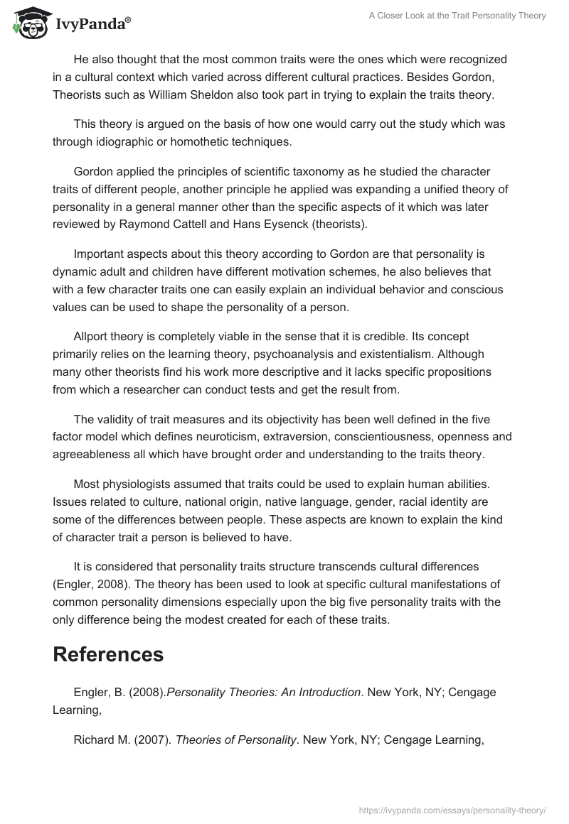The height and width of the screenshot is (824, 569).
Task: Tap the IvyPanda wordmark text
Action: click(x=92, y=26)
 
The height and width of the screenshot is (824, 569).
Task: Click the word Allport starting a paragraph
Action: click(x=93, y=336)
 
